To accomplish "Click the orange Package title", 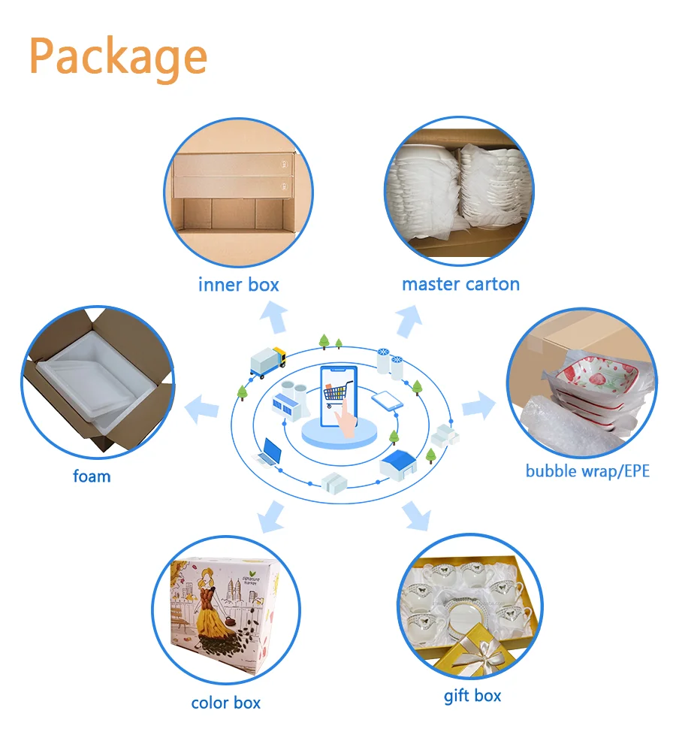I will [x=118, y=56].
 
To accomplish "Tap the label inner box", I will [x=238, y=285].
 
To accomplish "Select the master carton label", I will [x=460, y=284].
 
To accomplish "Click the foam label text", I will [x=92, y=476].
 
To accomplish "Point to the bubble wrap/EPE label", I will [x=587, y=471].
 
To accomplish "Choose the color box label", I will [x=225, y=703].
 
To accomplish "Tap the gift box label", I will [x=472, y=695].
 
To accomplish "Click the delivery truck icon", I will [x=267, y=362].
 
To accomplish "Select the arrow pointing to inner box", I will [x=273, y=319].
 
